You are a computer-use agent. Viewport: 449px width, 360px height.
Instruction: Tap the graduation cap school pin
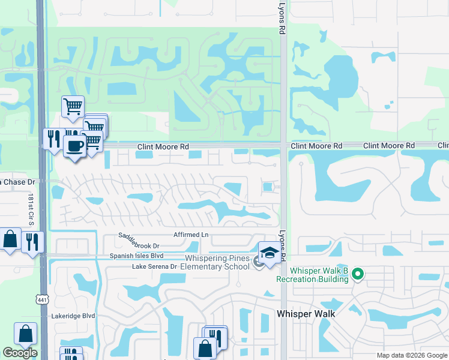[x=270, y=253]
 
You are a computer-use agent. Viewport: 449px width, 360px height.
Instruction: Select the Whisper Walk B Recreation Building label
[x=312, y=275]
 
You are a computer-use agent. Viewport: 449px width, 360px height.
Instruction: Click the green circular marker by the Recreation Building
[x=358, y=275]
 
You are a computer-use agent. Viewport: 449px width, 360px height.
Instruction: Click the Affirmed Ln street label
[x=190, y=235]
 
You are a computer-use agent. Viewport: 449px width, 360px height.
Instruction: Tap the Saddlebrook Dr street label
[x=139, y=245]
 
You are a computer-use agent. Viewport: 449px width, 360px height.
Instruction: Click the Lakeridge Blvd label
[x=73, y=316]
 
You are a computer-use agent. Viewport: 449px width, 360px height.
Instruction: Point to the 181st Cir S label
[x=31, y=209]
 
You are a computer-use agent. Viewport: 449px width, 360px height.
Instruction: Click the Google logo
[x=20, y=353]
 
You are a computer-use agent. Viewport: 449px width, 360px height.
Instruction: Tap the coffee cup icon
[x=74, y=146]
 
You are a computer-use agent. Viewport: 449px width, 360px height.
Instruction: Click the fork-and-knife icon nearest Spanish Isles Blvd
[x=32, y=241]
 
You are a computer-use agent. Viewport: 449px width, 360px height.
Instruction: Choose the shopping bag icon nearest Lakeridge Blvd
[x=26, y=334]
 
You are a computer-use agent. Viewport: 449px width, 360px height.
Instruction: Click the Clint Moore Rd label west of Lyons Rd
[x=163, y=146]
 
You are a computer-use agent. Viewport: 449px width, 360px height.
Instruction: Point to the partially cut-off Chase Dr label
[x=18, y=181]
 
